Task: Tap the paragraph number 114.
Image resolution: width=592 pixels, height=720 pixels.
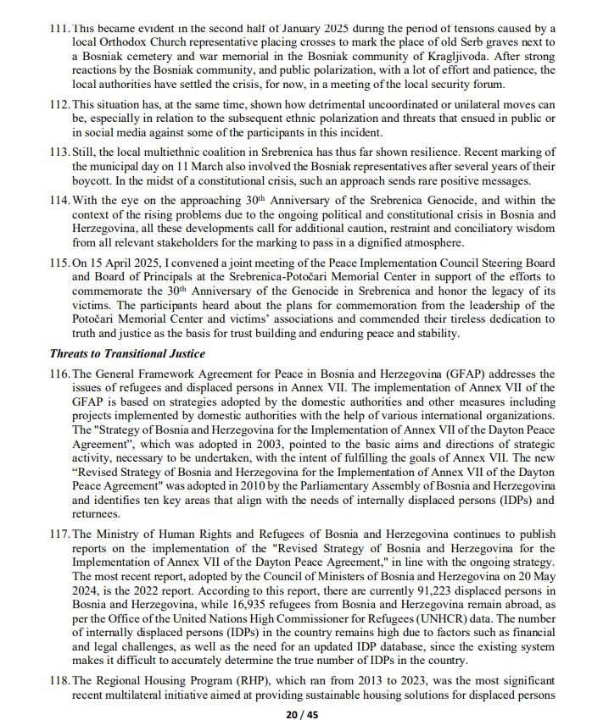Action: (x=59, y=201)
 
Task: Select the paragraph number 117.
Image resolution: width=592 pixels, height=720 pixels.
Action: (x=59, y=534)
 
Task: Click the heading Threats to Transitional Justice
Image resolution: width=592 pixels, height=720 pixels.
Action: (x=127, y=354)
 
